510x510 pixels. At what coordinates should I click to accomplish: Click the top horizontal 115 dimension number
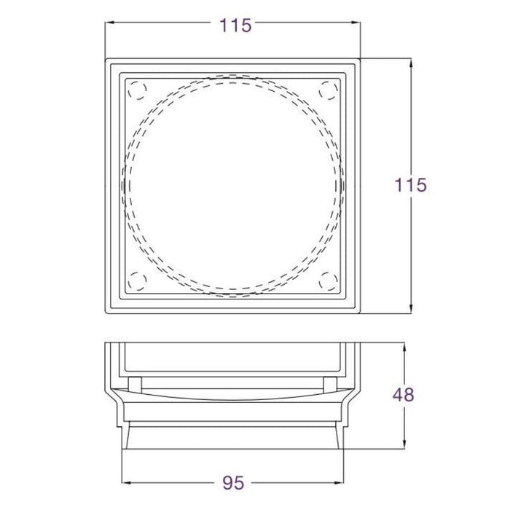[x=236, y=25]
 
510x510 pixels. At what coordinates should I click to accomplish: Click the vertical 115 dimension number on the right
[x=410, y=185]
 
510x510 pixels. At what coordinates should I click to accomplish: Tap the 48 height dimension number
[x=404, y=395]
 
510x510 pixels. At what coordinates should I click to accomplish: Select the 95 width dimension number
[x=234, y=483]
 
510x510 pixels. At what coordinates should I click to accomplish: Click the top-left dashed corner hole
[x=137, y=90]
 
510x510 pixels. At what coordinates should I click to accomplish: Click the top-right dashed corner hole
[x=329, y=90]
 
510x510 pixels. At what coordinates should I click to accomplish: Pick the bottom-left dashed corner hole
[x=137, y=281]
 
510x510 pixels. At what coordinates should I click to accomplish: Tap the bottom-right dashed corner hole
[x=329, y=281]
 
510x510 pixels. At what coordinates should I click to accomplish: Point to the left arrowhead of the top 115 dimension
[x=109, y=23]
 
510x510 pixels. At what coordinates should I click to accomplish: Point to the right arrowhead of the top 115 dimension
[x=356, y=23]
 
